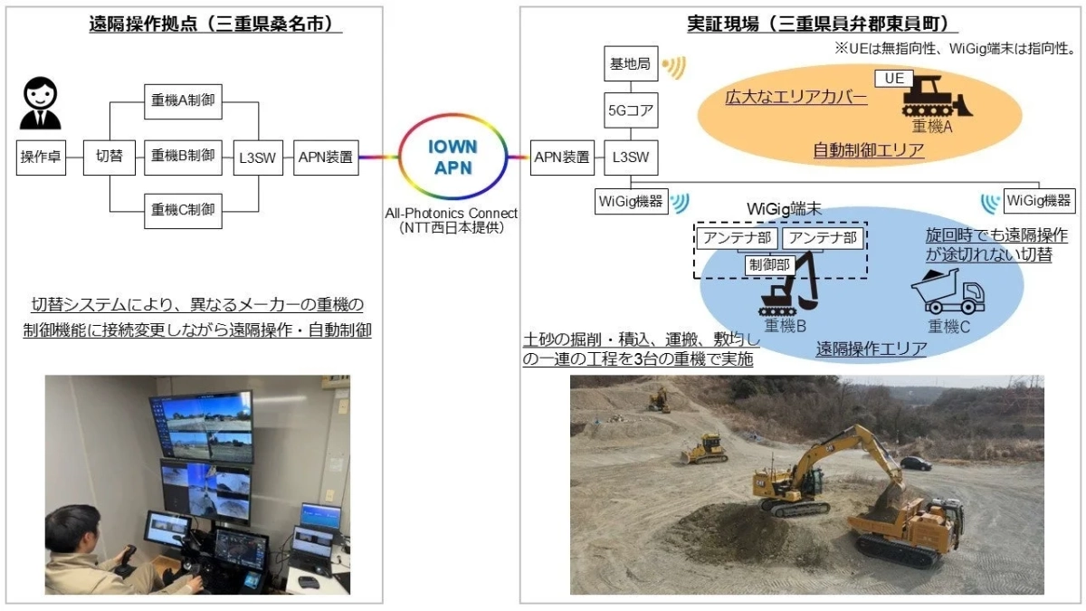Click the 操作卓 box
pyautogui.click(x=41, y=158)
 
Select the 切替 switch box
pyautogui.click(x=110, y=158)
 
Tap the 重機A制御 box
pyautogui.click(x=183, y=101)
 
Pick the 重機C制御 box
pyautogui.click(x=183, y=211)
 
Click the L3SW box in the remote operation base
pyautogui.click(x=258, y=158)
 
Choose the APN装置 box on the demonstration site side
pyautogui.click(x=562, y=158)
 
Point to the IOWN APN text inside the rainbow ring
pyautogui.click(x=452, y=158)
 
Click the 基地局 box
pyautogui.click(x=631, y=63)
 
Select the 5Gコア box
pyautogui.click(x=631, y=110)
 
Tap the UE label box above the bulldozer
pyautogui.click(x=894, y=79)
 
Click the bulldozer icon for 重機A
pyautogui.click(x=937, y=97)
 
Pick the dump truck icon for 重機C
pyautogui.click(x=948, y=291)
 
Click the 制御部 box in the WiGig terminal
pyautogui.click(x=770, y=265)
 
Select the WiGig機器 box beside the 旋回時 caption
pyautogui.click(x=1039, y=201)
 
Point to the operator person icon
pyautogui.click(x=40, y=103)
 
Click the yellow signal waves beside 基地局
pyautogui.click(x=674, y=67)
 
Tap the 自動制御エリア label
pyautogui.click(x=868, y=150)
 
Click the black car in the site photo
pyautogui.click(x=916, y=463)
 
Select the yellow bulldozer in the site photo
pyautogui.click(x=704, y=449)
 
